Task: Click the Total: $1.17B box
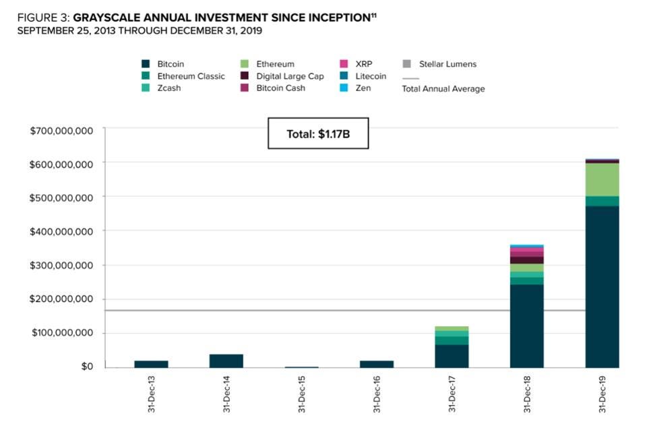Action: tap(318, 133)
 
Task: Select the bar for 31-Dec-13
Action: tap(151, 364)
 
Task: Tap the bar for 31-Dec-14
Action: tap(226, 361)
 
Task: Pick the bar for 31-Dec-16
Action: tap(376, 364)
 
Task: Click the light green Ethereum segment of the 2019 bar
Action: tap(602, 179)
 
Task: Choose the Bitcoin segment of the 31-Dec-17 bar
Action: tap(452, 356)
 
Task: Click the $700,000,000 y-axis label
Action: tap(61, 130)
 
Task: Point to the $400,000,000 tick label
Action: tap(61, 231)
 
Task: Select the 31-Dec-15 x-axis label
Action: tap(302, 394)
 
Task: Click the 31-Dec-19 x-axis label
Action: tap(603, 394)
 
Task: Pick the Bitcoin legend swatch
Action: tap(146, 64)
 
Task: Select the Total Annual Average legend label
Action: tap(443, 88)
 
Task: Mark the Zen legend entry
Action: tap(363, 88)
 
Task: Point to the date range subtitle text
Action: tap(140, 31)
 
